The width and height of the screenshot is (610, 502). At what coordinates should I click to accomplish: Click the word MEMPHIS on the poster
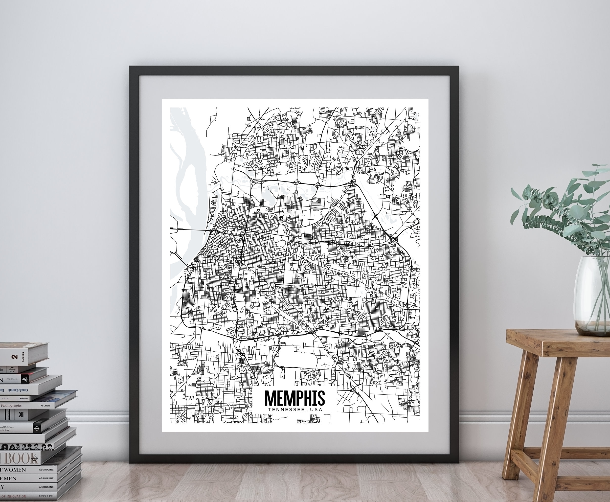(295, 398)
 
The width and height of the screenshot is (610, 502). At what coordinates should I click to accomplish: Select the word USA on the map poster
(315, 410)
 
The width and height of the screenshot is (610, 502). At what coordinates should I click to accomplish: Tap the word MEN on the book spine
(11, 478)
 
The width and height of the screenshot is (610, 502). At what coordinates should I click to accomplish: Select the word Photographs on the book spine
(11, 405)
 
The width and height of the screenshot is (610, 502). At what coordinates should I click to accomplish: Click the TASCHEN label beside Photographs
(44, 406)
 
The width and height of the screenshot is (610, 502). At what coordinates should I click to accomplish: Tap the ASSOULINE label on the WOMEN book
(46, 470)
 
